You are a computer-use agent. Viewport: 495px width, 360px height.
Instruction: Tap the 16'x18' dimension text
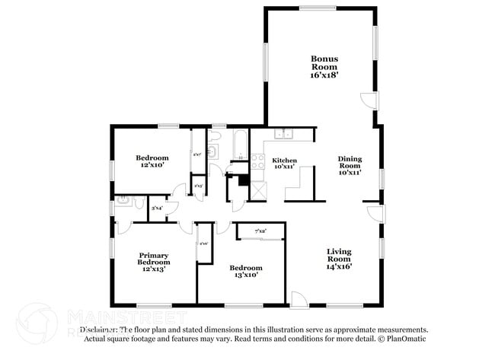click(x=324, y=75)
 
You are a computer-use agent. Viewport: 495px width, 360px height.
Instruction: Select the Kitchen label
click(x=284, y=160)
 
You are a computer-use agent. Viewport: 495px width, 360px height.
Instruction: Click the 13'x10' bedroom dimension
click(x=246, y=276)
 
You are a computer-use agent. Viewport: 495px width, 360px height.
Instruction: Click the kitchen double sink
click(x=283, y=135)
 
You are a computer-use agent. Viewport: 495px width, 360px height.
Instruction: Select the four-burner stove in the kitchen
click(x=257, y=161)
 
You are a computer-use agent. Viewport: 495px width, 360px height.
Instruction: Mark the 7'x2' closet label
click(x=260, y=231)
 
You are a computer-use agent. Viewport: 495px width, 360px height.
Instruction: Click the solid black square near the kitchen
click(x=244, y=181)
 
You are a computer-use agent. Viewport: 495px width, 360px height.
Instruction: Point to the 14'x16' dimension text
click(x=339, y=266)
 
